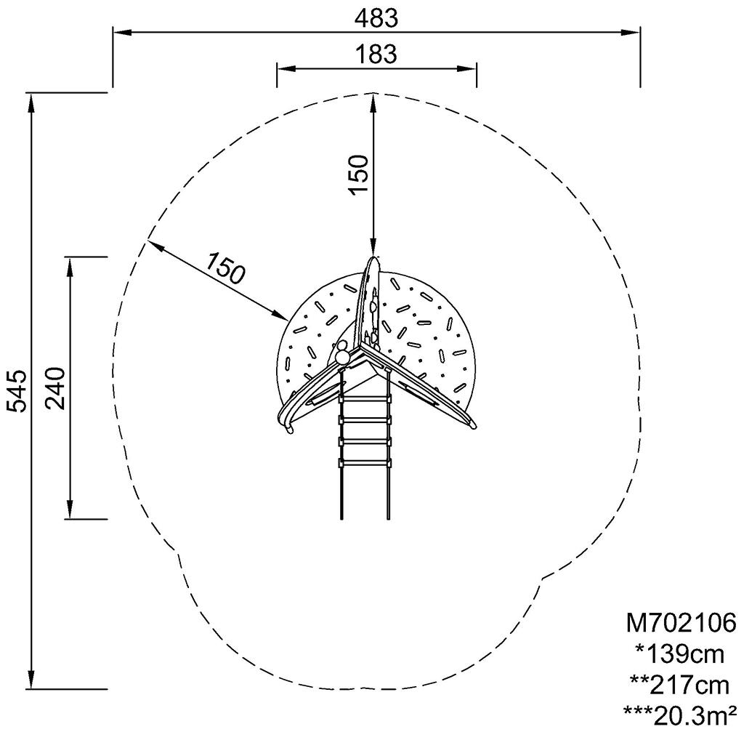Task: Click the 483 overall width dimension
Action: [x=376, y=18]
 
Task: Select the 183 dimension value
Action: [x=376, y=54]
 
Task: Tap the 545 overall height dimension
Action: [x=17, y=390]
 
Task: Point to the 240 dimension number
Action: [x=54, y=388]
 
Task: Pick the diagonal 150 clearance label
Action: [x=226, y=268]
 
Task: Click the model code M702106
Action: [x=681, y=622]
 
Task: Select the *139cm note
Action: [x=679, y=655]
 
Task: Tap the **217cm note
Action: [x=679, y=685]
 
